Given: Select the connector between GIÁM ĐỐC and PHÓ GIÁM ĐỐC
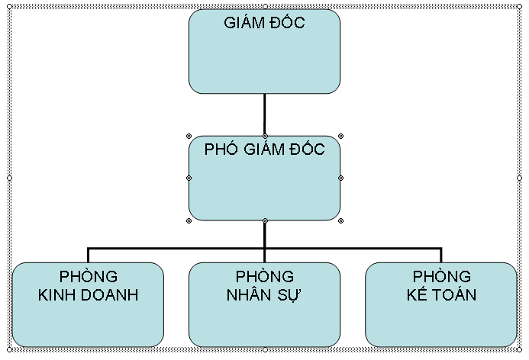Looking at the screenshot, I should (x=264, y=114).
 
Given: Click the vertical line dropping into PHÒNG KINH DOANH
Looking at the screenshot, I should (x=88, y=256).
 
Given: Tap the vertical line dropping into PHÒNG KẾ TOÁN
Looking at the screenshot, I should (x=441, y=256).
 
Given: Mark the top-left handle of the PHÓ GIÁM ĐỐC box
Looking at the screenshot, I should (x=189, y=136).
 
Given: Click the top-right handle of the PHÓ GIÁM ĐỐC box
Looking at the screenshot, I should (x=340, y=136).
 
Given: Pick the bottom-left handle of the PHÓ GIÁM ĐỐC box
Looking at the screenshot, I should (x=189, y=220).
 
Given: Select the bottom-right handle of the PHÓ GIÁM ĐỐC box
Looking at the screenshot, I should (x=340, y=220).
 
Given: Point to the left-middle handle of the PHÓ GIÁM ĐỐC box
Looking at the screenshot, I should (x=189, y=178).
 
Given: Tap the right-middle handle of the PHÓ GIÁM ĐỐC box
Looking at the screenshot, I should (x=340, y=178).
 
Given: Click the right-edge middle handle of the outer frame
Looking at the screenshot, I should (x=522, y=178).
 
